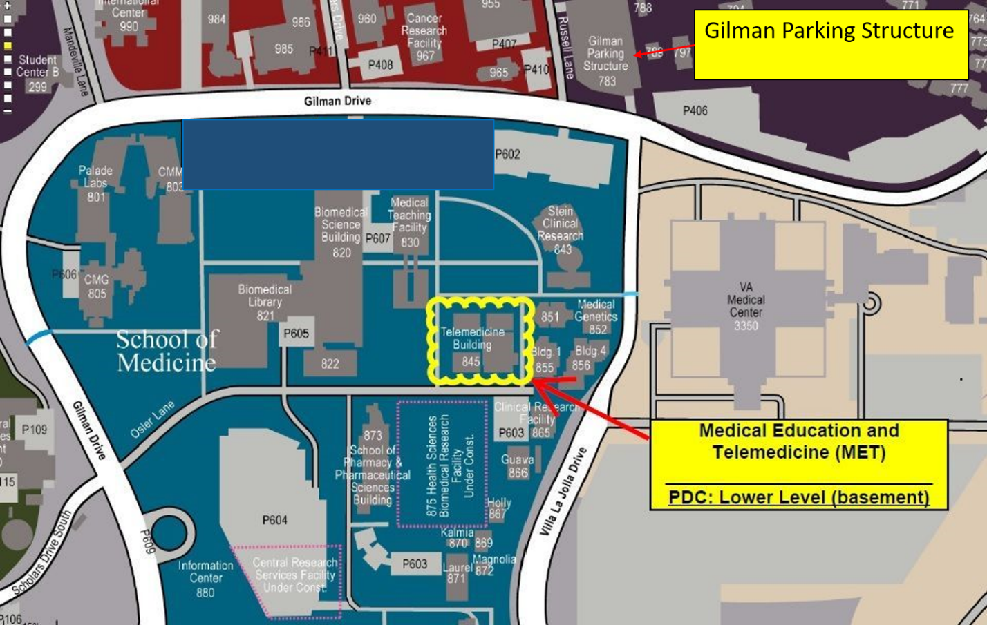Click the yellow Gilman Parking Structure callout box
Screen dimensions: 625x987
(830, 44)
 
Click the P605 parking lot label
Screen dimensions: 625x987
(296, 334)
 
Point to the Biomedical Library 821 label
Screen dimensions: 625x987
(265, 302)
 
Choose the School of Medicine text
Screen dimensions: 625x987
(167, 351)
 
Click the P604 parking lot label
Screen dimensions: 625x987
(274, 520)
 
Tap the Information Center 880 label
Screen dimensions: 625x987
(205, 578)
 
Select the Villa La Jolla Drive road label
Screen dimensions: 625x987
(563, 490)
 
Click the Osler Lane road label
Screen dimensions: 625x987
(153, 419)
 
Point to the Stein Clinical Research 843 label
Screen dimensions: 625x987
(561, 229)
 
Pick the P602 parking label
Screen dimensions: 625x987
(507, 154)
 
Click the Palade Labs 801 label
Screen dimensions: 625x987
(95, 183)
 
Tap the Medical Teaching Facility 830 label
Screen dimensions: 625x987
(409, 222)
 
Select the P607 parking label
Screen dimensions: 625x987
(377, 238)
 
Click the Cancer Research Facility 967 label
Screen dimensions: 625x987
(424, 37)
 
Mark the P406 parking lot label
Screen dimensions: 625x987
(695, 110)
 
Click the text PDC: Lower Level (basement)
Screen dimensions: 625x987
(798, 497)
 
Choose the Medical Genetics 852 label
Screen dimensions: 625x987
(596, 316)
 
